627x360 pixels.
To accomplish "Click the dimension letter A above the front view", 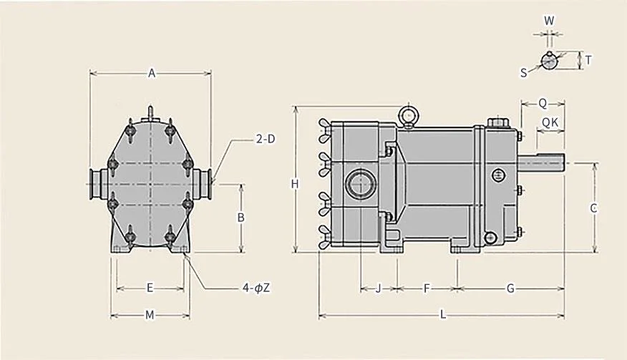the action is tap(152, 73).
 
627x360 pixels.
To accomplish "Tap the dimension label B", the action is tap(240, 217).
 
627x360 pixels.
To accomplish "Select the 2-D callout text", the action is tap(266, 139).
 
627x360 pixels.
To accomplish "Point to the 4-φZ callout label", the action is tap(256, 288).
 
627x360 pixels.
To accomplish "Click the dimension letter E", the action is tap(150, 288).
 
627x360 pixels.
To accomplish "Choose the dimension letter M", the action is tap(150, 315).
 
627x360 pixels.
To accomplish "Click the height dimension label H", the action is tap(295, 184).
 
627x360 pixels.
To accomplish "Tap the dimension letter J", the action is tap(379, 288).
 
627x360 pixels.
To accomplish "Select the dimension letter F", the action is tap(427, 288).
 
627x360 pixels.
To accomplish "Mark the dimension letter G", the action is tap(510, 288).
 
